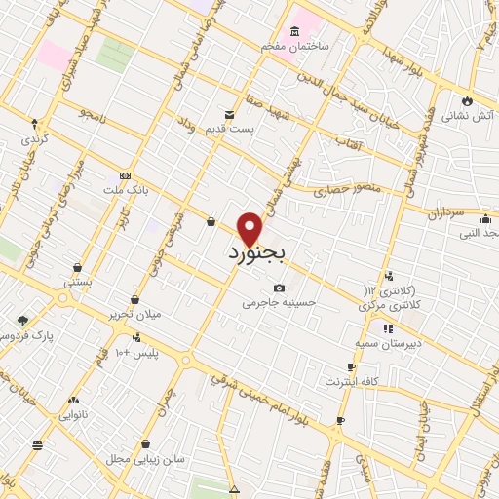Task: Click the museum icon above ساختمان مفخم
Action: click(x=295, y=32)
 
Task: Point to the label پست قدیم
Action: click(x=234, y=128)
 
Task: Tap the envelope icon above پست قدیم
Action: click(x=229, y=113)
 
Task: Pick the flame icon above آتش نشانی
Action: click(x=468, y=99)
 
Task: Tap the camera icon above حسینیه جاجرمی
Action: click(x=280, y=288)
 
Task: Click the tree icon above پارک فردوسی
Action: click(x=22, y=320)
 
